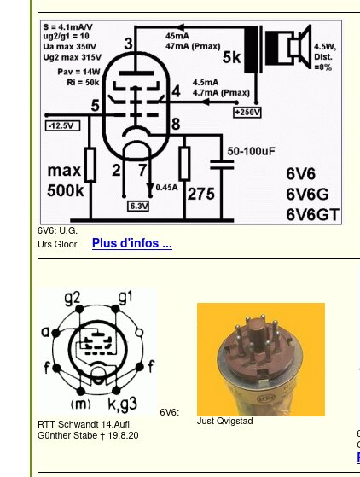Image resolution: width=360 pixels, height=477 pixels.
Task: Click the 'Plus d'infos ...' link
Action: click(132, 243)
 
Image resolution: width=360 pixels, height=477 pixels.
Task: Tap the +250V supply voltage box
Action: click(247, 113)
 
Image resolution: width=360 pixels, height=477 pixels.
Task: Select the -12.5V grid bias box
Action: click(62, 126)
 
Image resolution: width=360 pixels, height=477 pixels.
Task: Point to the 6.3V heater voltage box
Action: click(138, 207)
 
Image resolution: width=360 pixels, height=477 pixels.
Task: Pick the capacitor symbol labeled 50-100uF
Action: click(222, 165)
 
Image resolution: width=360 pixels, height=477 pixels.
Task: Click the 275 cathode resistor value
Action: click(201, 194)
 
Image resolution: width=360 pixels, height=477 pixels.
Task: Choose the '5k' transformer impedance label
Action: click(231, 57)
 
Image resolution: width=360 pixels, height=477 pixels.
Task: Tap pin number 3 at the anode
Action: click(129, 44)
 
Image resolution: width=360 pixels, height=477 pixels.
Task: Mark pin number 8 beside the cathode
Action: click(176, 124)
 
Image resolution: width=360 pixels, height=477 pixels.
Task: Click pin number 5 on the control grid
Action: click(96, 106)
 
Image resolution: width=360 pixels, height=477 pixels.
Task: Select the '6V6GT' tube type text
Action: click(312, 214)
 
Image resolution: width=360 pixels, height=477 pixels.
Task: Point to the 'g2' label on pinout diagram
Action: click(73, 298)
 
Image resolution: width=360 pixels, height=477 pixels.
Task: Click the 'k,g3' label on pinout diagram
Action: click(122, 404)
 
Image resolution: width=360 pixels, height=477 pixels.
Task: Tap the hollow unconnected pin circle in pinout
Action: click(139, 333)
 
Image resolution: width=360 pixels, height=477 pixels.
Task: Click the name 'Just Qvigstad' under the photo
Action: click(225, 421)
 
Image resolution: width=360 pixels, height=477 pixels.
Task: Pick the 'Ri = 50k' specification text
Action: click(83, 83)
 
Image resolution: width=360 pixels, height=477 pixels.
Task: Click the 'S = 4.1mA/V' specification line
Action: click(67, 26)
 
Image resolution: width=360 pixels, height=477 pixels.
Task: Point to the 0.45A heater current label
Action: click(166, 188)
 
